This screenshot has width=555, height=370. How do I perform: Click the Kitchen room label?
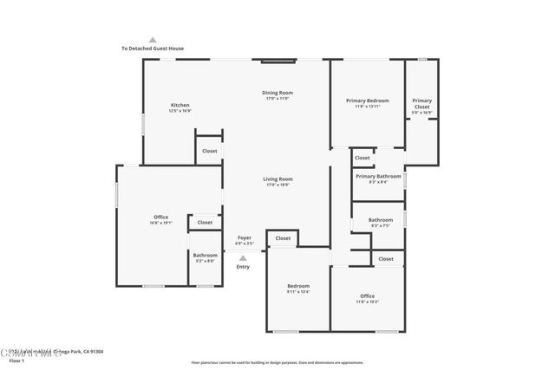180,105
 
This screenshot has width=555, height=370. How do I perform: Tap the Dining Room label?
277,93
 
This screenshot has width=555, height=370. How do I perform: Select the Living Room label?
277,179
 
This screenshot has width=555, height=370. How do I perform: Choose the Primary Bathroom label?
378,176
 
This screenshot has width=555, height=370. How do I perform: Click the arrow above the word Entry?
243,257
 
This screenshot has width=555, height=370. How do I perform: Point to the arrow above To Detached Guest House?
153,39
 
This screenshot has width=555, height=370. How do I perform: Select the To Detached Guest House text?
153,49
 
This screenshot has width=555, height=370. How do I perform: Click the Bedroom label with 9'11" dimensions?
298,286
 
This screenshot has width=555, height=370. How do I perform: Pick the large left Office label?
160,217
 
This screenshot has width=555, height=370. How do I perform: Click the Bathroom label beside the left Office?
206,255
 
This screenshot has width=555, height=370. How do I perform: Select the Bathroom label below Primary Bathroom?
380,219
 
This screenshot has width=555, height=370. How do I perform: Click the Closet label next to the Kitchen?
209,151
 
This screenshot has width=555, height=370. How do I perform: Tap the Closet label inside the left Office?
205,223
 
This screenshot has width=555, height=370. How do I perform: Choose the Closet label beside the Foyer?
283,238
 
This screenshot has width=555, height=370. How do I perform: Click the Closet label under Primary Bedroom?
362,158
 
